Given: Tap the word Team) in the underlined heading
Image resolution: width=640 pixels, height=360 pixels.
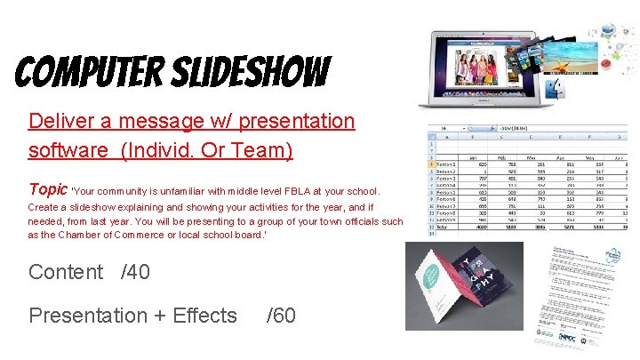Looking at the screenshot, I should (264, 150).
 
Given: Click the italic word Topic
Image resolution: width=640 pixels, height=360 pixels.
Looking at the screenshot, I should (48, 189).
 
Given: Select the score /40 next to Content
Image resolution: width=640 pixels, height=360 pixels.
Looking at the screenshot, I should (135, 272).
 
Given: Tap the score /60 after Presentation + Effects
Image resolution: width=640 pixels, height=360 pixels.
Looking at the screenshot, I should (282, 316).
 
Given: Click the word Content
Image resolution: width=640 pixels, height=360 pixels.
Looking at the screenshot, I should (66, 272).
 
